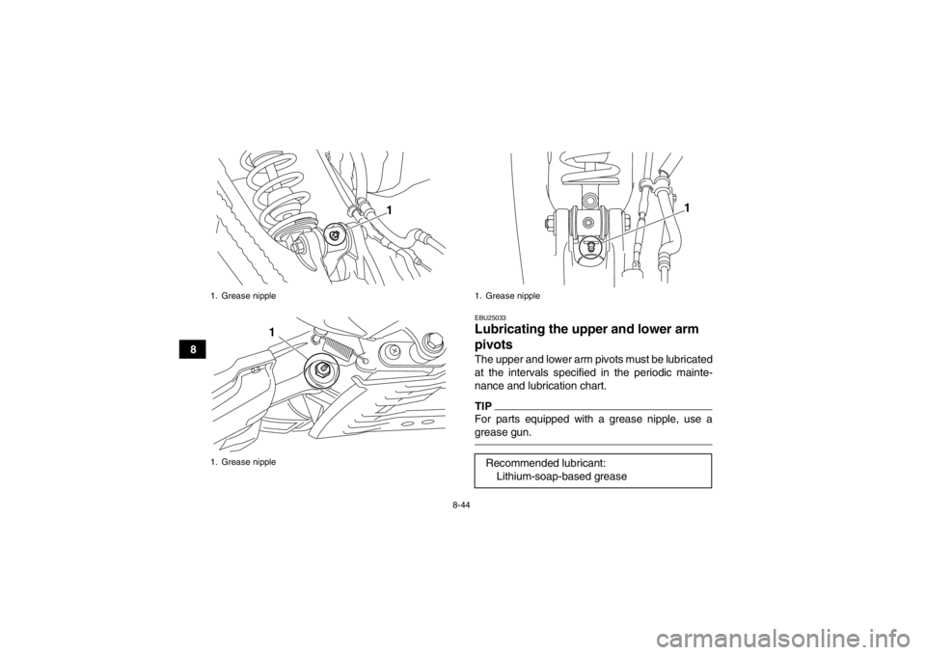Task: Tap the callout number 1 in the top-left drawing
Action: click(388, 209)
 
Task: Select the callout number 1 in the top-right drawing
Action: click(686, 207)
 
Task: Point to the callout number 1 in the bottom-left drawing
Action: click(273, 331)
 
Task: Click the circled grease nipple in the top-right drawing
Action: click(590, 247)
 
